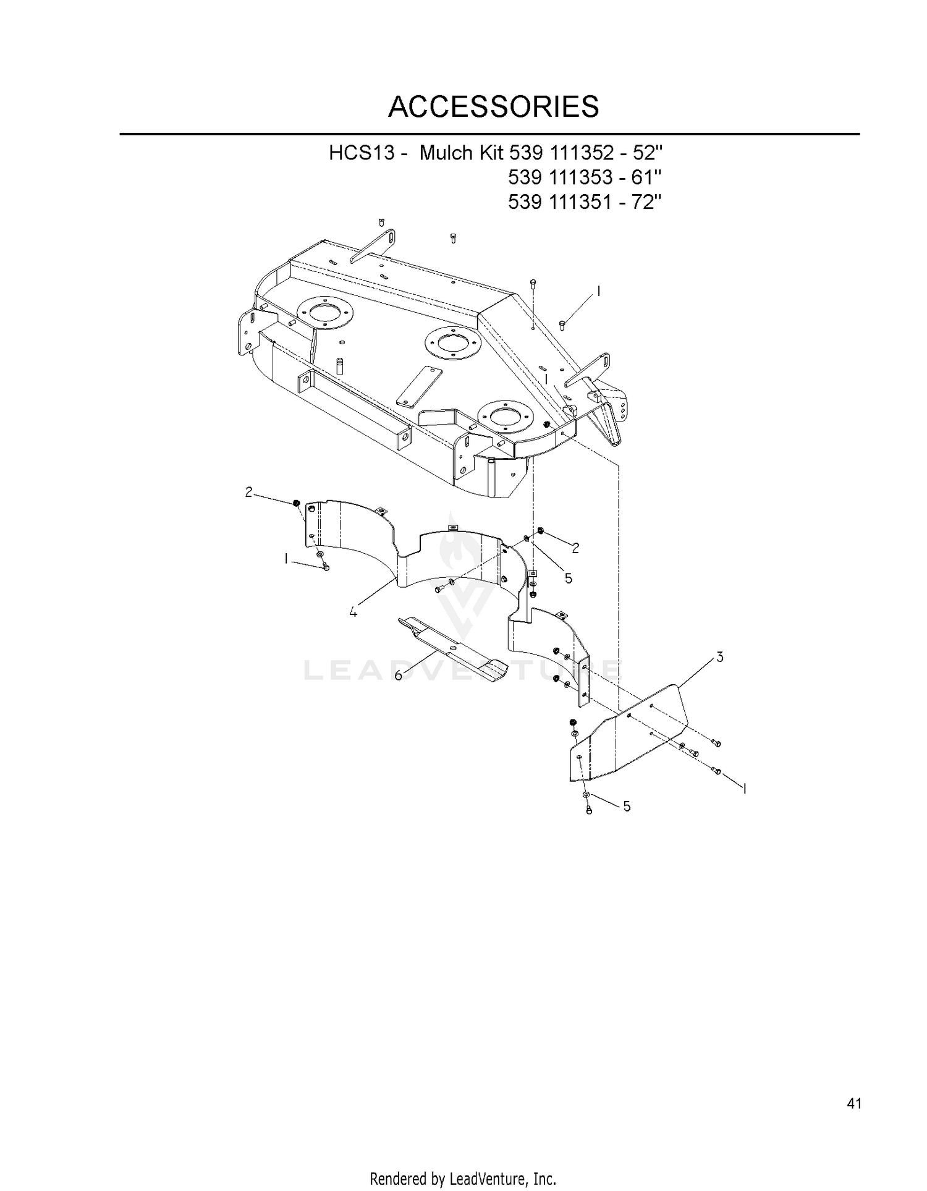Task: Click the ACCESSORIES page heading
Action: point(493,106)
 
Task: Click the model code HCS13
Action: point(362,152)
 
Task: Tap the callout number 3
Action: point(720,657)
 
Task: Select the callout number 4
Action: point(353,612)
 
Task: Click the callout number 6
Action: point(399,676)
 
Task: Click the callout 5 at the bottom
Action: point(627,807)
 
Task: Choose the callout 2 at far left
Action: point(248,492)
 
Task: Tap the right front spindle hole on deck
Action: point(506,415)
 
